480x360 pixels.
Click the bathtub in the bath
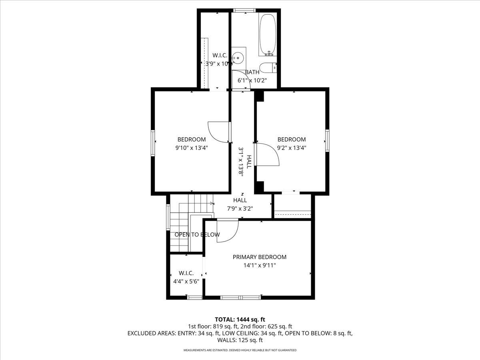point(267,35)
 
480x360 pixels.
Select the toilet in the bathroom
point(268,68)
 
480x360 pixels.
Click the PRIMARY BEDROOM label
point(260,257)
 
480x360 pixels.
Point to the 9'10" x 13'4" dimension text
point(192,148)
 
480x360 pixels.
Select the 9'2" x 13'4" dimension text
point(292,148)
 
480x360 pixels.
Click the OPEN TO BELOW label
point(197,235)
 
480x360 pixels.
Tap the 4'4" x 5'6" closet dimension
point(186,281)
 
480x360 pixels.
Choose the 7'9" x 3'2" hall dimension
point(240,208)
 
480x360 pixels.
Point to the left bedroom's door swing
point(218,132)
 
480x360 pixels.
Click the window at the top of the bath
point(245,10)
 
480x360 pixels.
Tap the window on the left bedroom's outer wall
point(153,142)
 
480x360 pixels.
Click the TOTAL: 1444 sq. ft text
point(240,319)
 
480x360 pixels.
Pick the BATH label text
point(252,72)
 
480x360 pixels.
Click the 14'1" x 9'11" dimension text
point(260,265)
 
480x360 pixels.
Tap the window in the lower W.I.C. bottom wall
point(195,297)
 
